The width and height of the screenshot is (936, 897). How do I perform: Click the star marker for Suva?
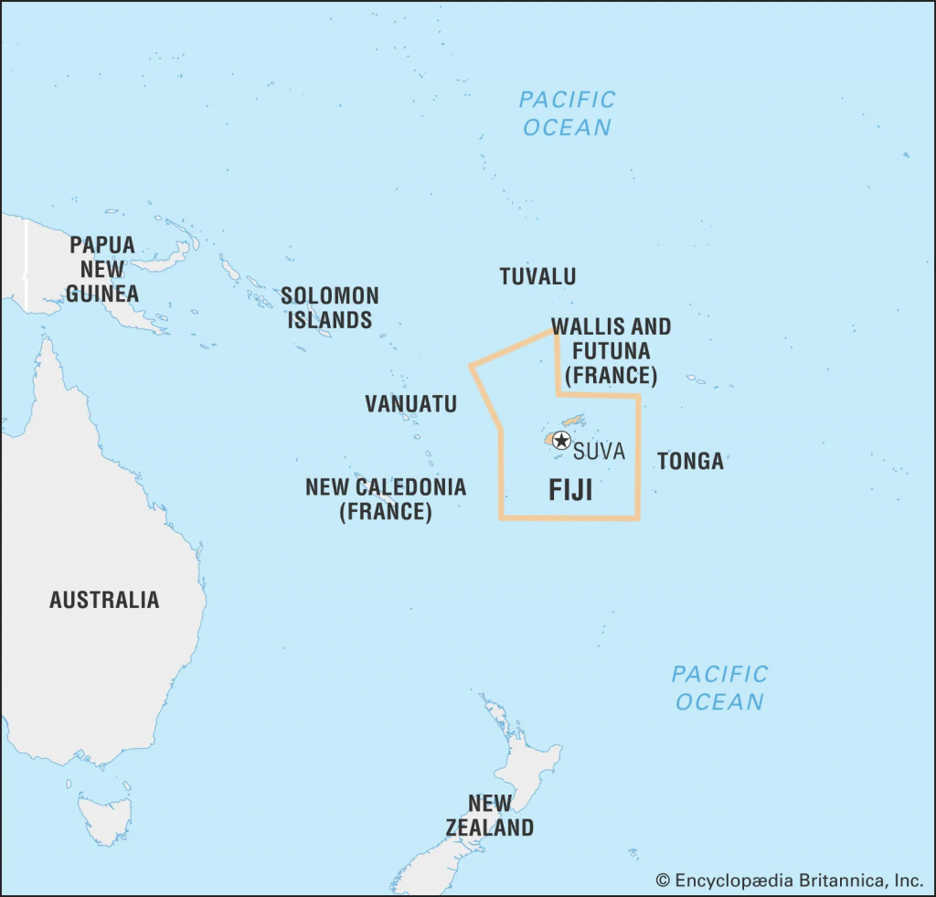561,440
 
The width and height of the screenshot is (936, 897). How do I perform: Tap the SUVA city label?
599,451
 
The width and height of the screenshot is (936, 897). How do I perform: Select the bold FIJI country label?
570,490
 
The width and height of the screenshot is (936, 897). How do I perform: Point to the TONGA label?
690,461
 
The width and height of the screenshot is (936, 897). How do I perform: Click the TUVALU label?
537,276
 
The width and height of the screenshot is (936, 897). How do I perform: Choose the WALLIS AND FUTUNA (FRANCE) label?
611,350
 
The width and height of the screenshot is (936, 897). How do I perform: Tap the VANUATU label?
410,403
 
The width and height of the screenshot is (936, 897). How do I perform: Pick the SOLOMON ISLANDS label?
330,307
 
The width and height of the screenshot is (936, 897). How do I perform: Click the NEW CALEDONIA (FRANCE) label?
386,499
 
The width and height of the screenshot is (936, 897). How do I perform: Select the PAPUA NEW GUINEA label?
102,269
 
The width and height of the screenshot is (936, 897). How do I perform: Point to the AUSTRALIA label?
104,600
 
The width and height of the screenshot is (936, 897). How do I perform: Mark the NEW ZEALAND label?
490,816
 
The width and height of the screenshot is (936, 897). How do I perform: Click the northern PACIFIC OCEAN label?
567,112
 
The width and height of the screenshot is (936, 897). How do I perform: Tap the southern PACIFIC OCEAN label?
719,688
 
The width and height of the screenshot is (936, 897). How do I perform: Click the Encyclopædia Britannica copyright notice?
790,881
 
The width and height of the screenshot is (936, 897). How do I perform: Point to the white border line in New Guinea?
26,265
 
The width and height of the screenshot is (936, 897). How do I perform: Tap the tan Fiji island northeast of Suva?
573,421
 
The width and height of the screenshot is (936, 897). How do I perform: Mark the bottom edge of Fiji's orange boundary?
569,518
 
